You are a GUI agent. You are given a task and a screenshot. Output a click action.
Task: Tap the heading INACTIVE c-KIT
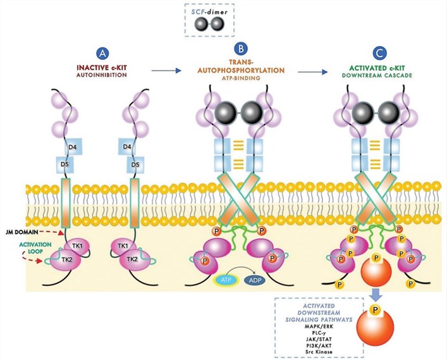click(x=100, y=69)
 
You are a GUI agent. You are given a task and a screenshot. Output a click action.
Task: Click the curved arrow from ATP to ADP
click(x=241, y=270)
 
